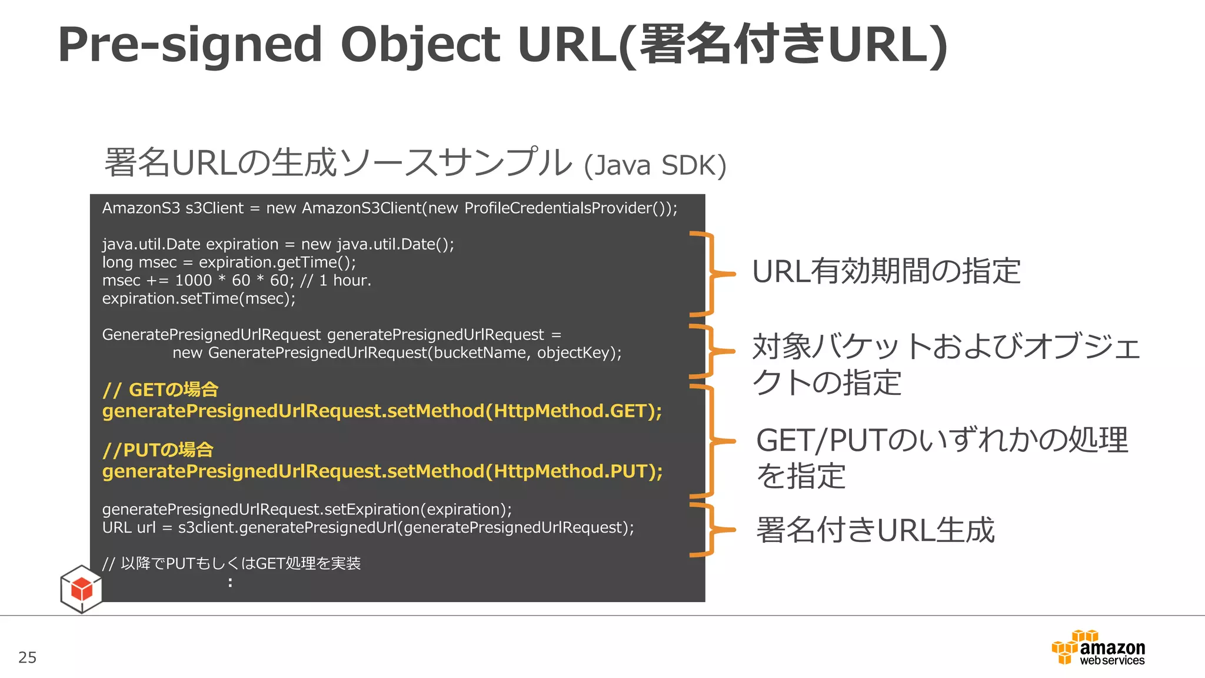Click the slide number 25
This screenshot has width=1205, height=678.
pyautogui.click(x=28, y=657)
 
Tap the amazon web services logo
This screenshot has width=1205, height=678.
pyautogui.click(x=1099, y=648)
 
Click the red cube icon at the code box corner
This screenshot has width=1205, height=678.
pyautogui.click(x=81, y=589)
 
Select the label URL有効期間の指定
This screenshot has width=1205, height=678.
pyautogui.click(x=886, y=272)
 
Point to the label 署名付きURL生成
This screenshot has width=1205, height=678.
pyautogui.click(x=875, y=530)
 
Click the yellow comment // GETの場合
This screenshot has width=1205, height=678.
pyautogui.click(x=160, y=390)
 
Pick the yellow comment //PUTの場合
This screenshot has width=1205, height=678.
pyautogui.click(x=158, y=450)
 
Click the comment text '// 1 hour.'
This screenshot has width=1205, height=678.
pyautogui.click(x=336, y=281)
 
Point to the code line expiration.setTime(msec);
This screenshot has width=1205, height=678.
pyautogui.click(x=199, y=299)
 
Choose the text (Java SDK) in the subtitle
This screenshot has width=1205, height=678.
pyautogui.click(x=655, y=165)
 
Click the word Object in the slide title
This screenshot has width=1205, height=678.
pyautogui.click(x=420, y=45)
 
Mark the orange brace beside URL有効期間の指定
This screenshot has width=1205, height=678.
pyautogui.click(x=711, y=274)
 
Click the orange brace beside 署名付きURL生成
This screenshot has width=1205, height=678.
pyautogui.click(x=711, y=530)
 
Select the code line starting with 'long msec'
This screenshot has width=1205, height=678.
pyautogui.click(x=229, y=262)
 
